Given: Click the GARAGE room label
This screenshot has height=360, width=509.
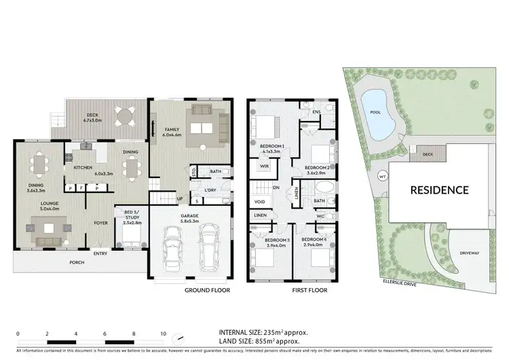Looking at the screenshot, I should [x=189, y=216].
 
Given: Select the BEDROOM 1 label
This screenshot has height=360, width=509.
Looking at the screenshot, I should [x=271, y=147].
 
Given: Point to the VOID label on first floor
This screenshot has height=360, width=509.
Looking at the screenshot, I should [x=260, y=202].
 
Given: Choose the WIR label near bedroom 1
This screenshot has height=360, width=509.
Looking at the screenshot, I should [x=265, y=166].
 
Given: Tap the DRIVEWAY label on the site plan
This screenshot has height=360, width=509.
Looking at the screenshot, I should [x=470, y=253].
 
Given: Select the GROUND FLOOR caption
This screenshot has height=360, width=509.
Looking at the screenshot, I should [x=208, y=290].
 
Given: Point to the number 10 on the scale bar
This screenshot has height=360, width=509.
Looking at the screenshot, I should [x=164, y=334].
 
